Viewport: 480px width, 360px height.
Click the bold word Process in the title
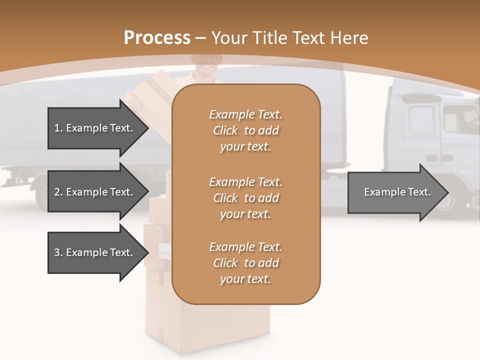157,37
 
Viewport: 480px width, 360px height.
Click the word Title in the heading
270,37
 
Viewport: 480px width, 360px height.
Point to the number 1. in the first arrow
58,128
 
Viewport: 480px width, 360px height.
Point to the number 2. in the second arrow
58,192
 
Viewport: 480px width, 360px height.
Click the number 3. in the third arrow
58,252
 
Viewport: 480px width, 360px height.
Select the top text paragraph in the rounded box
246,130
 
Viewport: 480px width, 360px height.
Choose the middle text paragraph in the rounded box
246,198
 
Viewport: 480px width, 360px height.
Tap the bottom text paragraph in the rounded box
246,263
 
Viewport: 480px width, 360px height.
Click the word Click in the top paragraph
225,130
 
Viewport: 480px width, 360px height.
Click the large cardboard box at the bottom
210,325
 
